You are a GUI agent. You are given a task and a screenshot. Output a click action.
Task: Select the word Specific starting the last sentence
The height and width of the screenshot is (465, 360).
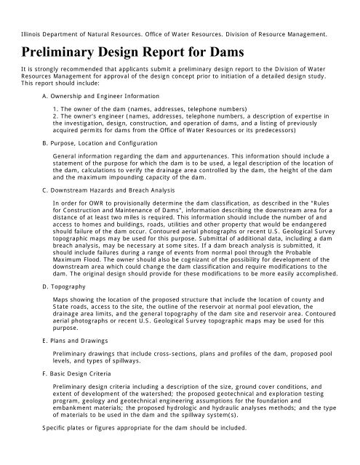pyautogui.click(x=33, y=428)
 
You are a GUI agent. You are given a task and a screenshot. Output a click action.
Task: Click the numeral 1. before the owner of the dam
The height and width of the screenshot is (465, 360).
pyautogui.click(x=57, y=107)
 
